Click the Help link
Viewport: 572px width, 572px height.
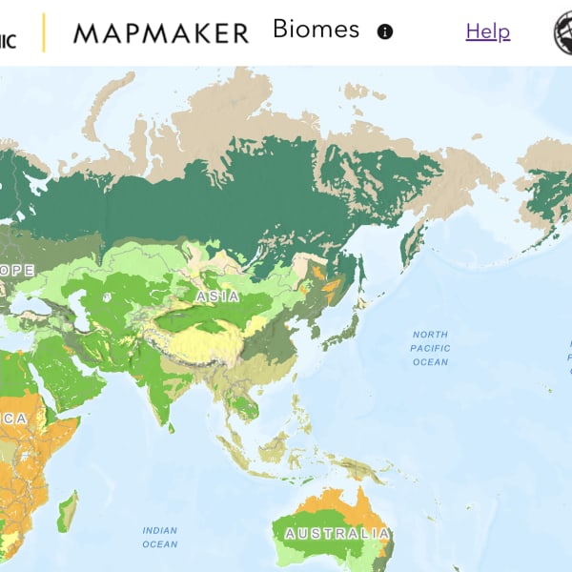[487, 31]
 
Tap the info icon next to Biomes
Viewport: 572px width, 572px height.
[385, 31]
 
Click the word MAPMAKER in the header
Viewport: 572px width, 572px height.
[160, 33]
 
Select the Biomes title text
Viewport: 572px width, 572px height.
[316, 30]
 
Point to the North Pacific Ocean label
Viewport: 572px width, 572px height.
[430, 348]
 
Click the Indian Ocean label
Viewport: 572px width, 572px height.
[159, 537]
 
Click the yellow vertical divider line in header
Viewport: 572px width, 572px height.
[43, 32]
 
